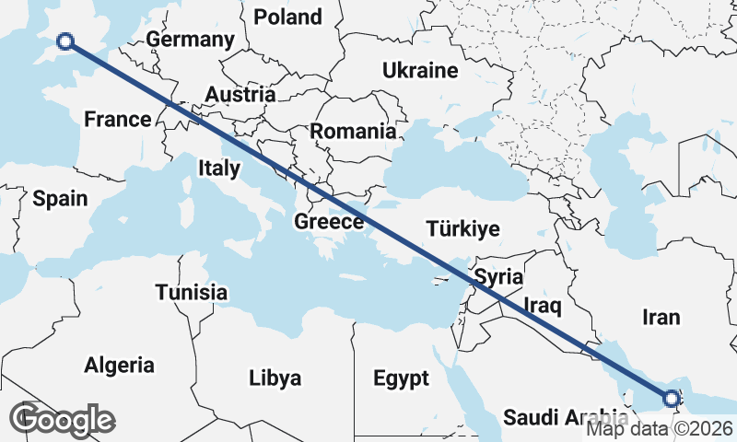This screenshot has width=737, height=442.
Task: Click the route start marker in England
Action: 64,41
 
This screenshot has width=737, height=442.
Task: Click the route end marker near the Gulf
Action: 671,399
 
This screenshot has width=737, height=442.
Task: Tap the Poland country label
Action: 287,17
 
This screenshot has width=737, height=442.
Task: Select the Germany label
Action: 190,41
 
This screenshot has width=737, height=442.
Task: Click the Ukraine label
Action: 420,71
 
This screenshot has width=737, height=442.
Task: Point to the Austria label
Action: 240,95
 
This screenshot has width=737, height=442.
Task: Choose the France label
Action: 117,119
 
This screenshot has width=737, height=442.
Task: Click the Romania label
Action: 352,132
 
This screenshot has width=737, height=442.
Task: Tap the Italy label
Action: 219,169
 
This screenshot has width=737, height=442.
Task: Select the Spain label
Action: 60,198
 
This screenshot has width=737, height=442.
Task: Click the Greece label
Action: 329,222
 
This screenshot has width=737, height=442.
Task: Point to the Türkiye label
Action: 462,229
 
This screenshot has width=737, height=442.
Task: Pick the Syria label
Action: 498,277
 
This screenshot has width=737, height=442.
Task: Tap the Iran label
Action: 661,318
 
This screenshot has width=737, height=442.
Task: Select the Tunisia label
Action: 191,292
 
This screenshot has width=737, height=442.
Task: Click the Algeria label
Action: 120,366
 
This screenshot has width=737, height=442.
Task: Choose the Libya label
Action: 275,378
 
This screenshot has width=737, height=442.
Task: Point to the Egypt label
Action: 401,378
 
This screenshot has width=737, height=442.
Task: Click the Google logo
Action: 62,419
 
